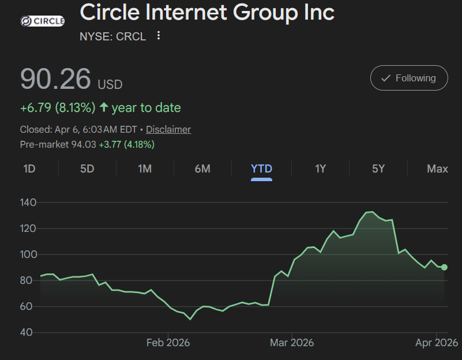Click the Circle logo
42,21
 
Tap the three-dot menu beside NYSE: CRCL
159,36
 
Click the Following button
408,78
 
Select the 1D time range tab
29,168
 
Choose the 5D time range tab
87,168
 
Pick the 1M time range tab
145,168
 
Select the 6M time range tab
202,168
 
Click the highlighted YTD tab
261,168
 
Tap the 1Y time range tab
320,168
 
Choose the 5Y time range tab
378,168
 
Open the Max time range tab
437,168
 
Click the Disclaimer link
168,129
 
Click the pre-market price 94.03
83,144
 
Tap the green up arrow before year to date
104,107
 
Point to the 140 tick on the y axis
28,202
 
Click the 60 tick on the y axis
28,306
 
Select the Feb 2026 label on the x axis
168,343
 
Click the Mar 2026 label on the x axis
292,343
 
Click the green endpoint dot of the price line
444,267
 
